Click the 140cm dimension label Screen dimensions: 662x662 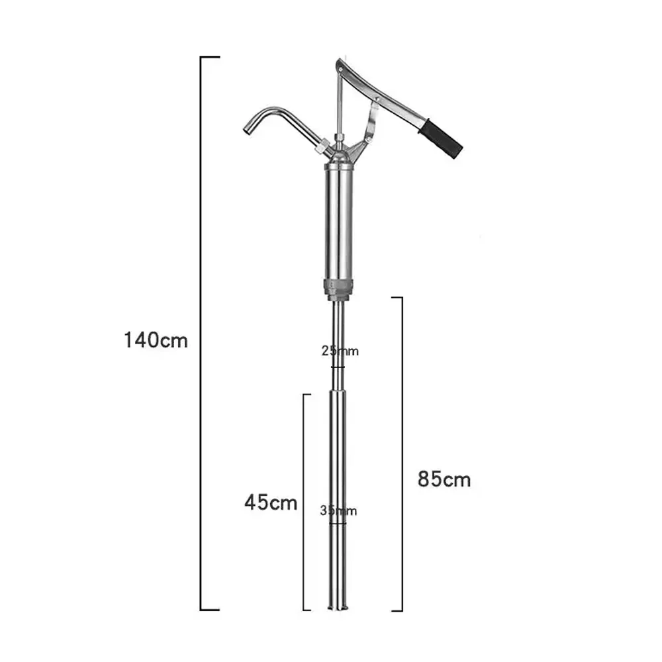156,340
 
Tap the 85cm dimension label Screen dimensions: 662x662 444,479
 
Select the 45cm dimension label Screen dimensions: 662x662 271,502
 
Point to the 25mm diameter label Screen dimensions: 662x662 340,351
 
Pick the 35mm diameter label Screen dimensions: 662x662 338,511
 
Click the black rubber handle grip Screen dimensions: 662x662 440,139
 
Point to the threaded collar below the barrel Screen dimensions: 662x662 338,289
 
